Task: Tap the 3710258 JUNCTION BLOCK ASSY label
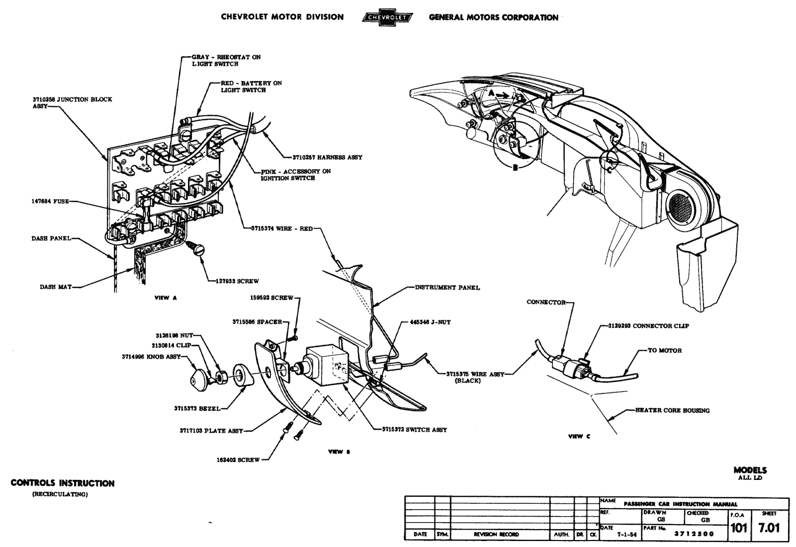click(x=73, y=102)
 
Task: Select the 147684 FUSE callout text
click(x=49, y=202)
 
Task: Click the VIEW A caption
click(x=166, y=298)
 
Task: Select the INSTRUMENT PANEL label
click(x=447, y=287)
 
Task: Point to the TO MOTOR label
click(x=665, y=350)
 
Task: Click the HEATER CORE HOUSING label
click(x=672, y=410)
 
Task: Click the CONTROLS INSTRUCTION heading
click(x=63, y=483)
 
